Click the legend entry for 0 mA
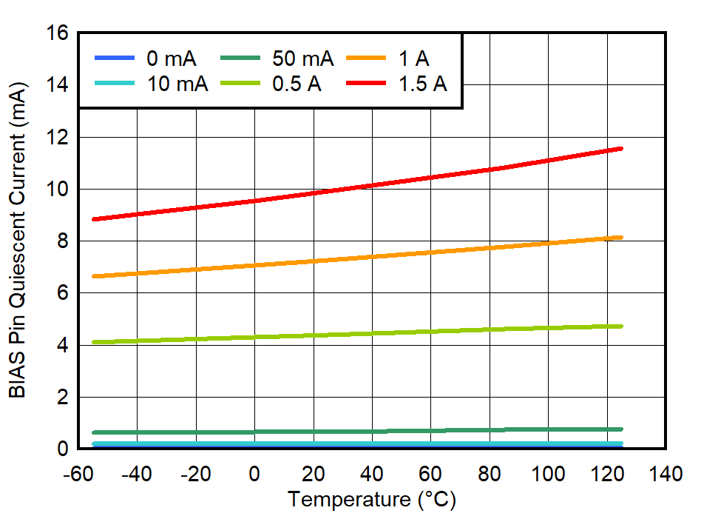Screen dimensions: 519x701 point(145,58)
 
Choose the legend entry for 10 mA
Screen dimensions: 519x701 point(151,84)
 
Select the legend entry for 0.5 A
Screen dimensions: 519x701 point(270,84)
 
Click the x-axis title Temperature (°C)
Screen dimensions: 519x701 point(372,500)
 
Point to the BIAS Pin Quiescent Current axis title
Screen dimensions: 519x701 point(18,241)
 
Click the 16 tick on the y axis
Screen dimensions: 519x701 point(57,33)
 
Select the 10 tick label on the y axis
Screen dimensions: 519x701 point(57,190)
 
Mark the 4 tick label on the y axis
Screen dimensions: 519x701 point(63,346)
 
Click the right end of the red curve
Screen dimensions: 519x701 point(621,149)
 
